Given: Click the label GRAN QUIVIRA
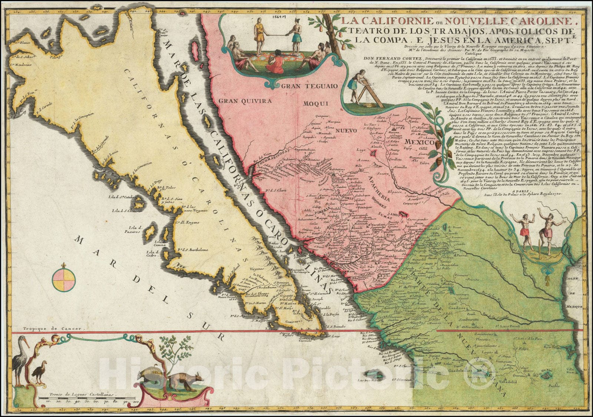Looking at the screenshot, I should coord(245,100).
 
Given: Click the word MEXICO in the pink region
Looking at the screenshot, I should coord(419,142).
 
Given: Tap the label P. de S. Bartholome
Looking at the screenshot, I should coord(192,250).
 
